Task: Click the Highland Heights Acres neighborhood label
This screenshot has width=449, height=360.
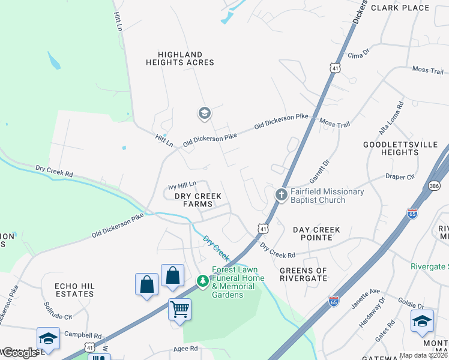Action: [x=179, y=58]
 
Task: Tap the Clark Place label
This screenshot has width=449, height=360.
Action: [x=400, y=8]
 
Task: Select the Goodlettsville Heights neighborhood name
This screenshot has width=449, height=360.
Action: [x=391, y=149]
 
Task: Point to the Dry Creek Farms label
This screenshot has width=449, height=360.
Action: [x=198, y=200]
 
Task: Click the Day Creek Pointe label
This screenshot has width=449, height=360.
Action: [x=316, y=233]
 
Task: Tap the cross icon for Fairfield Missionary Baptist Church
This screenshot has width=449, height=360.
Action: [x=281, y=194]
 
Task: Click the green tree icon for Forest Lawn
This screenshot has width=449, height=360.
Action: [x=203, y=280]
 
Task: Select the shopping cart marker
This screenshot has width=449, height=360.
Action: [x=179, y=310]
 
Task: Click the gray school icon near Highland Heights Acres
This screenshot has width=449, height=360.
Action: [x=204, y=113]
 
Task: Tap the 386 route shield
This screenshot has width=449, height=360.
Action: [x=435, y=187]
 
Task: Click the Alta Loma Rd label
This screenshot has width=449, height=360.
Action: [x=400, y=118]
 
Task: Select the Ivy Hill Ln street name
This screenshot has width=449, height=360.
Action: [x=182, y=185]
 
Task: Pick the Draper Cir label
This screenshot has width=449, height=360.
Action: [x=400, y=177]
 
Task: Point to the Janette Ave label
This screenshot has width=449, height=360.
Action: [x=366, y=298]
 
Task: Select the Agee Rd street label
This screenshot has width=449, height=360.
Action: [x=185, y=349]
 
